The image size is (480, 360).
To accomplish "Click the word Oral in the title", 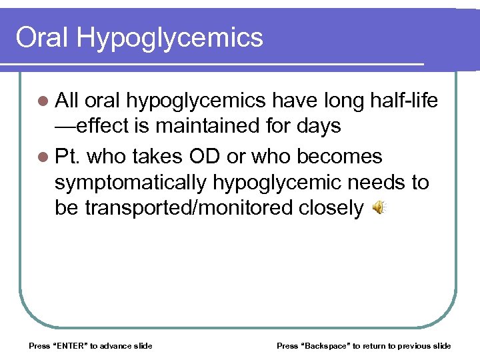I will pyautogui.click(x=42, y=38).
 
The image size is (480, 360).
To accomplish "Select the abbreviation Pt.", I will pyautogui.click(x=67, y=157).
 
